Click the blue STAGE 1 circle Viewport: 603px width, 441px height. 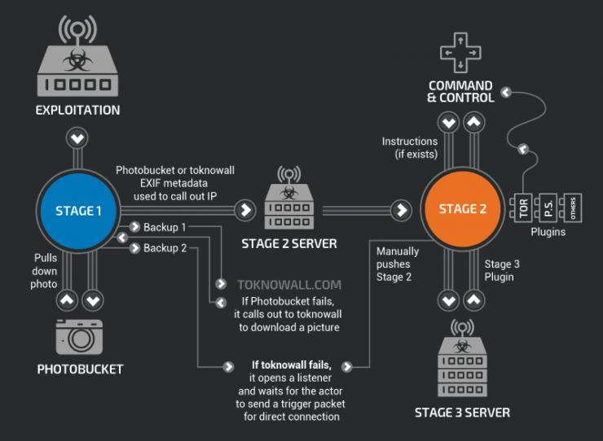click(78, 211)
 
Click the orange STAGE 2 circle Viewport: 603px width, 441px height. click(462, 209)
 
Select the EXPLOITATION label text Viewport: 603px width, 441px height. click(77, 110)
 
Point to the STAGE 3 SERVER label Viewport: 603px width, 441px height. click(462, 413)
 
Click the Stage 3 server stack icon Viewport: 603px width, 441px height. click(462, 360)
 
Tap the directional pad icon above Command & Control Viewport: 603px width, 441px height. click(460, 53)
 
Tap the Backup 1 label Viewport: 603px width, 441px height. click(165, 226)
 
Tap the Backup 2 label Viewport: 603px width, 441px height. click(165, 248)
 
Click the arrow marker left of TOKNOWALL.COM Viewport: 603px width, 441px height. click(221, 285)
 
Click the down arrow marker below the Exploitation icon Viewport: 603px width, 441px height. click(77, 138)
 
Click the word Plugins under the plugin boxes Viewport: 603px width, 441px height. click(548, 232)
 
